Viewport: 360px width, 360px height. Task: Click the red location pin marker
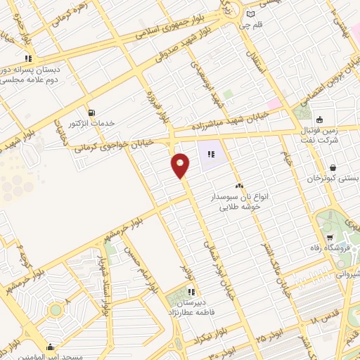click(181, 165)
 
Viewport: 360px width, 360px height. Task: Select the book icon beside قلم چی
click(251, 14)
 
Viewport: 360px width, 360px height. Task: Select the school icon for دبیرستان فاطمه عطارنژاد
click(191, 292)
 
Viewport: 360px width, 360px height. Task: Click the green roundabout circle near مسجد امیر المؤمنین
click(55, 309)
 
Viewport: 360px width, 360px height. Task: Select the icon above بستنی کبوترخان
click(332, 167)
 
